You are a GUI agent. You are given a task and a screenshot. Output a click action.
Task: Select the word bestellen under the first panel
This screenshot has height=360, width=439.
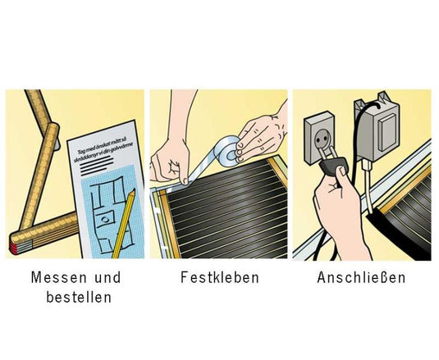pos(79,296)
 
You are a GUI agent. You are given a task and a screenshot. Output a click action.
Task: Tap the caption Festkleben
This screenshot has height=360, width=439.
pos(219,277)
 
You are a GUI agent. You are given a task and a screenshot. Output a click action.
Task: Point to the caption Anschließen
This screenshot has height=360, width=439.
pos(361,277)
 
